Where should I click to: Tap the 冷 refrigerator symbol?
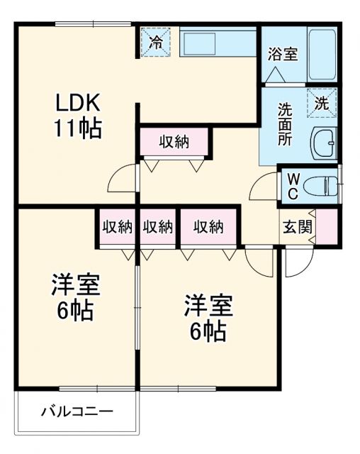pos(155,41)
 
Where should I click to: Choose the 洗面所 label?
pos(284,124)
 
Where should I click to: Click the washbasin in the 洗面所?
pos(324,143)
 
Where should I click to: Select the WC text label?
pos(292,186)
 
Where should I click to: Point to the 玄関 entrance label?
pos(298,227)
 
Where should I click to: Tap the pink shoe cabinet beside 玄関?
pos(327,227)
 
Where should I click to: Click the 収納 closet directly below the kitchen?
pos(174,141)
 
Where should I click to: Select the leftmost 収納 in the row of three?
pos(118,227)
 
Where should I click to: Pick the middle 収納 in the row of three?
pos(157,227)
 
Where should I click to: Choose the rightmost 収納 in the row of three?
pos(208,227)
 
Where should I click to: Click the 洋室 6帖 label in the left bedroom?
pos(74,297)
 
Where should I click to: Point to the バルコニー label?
pos(77,411)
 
